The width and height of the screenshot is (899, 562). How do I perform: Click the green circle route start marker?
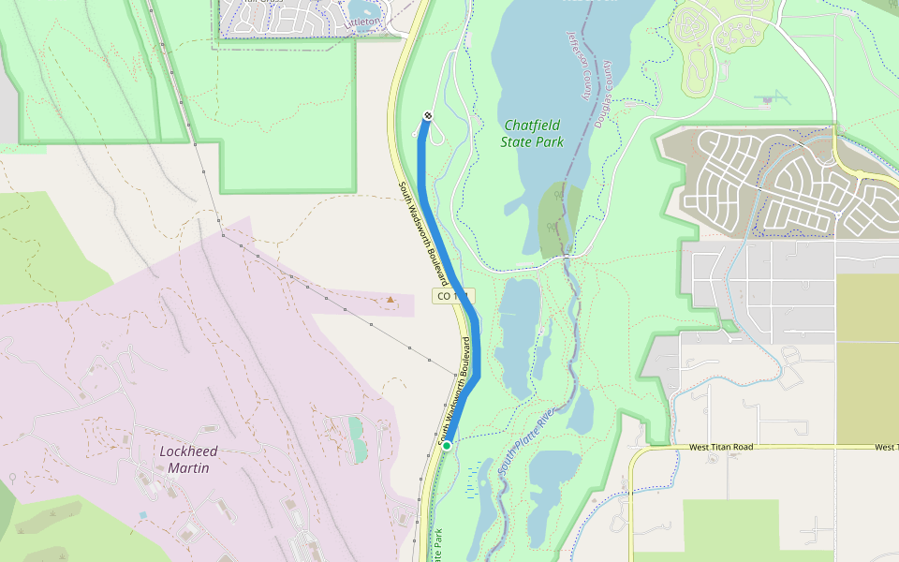(447, 445)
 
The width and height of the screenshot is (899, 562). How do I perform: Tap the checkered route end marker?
(428, 115)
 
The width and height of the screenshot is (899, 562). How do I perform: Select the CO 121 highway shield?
(452, 296)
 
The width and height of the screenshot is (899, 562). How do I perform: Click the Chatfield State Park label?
(534, 133)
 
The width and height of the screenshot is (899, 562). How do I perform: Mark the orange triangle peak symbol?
(391, 300)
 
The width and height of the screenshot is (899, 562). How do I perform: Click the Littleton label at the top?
(364, 21)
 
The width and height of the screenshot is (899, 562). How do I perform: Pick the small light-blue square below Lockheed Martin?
(142, 515)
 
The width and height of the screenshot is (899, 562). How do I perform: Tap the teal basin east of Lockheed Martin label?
(357, 439)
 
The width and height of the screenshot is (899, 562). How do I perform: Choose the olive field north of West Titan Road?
(866, 356)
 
